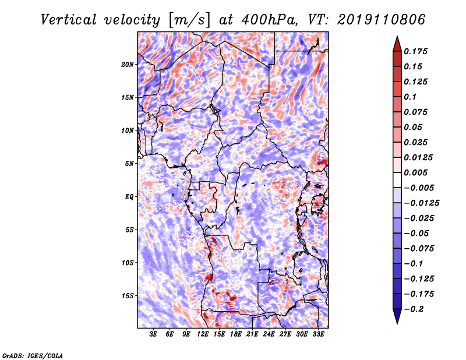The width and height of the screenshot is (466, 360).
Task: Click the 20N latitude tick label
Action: (128, 65)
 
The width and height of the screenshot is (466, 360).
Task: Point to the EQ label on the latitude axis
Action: (129, 197)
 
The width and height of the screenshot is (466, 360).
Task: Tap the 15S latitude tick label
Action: (128, 296)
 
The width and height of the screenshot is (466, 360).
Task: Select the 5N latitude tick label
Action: (129, 164)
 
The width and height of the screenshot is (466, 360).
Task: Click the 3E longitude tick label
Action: (153, 334)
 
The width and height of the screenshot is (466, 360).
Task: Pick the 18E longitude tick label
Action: (236, 334)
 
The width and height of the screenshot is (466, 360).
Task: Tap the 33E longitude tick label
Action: (318, 334)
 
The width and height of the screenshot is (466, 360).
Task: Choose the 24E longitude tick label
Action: (269, 334)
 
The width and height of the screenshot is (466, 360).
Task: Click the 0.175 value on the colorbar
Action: (415, 51)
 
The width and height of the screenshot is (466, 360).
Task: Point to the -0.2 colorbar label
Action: (414, 309)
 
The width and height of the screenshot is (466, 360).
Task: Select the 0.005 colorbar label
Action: (415, 172)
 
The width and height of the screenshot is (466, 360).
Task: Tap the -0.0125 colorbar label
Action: (421, 203)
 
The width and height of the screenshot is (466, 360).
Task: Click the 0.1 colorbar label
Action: (410, 97)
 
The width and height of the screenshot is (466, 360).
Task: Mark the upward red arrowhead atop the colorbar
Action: (397, 44)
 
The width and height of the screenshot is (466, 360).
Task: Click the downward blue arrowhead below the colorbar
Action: (397, 316)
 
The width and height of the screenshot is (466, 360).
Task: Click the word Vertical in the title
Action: (69, 20)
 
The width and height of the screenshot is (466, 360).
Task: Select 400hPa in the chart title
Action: (270, 20)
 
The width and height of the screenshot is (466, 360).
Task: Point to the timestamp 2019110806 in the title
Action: (382, 20)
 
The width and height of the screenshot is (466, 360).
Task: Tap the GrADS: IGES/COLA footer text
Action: (33, 356)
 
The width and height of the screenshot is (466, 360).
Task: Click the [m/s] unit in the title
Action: (189, 20)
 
